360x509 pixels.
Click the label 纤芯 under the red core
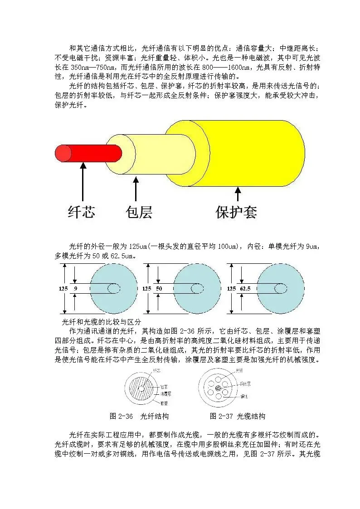click(x=82, y=211)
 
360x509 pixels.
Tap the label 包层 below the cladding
click(x=139, y=211)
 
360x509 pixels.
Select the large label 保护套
click(x=237, y=212)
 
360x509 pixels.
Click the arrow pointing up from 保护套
click(x=237, y=194)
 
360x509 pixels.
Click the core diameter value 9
click(x=75, y=288)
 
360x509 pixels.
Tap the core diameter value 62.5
click(x=245, y=288)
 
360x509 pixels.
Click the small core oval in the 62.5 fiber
click(x=280, y=288)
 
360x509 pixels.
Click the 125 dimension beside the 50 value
click(x=147, y=288)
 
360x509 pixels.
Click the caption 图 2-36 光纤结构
click(x=139, y=416)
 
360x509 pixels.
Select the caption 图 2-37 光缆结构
click(x=237, y=416)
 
